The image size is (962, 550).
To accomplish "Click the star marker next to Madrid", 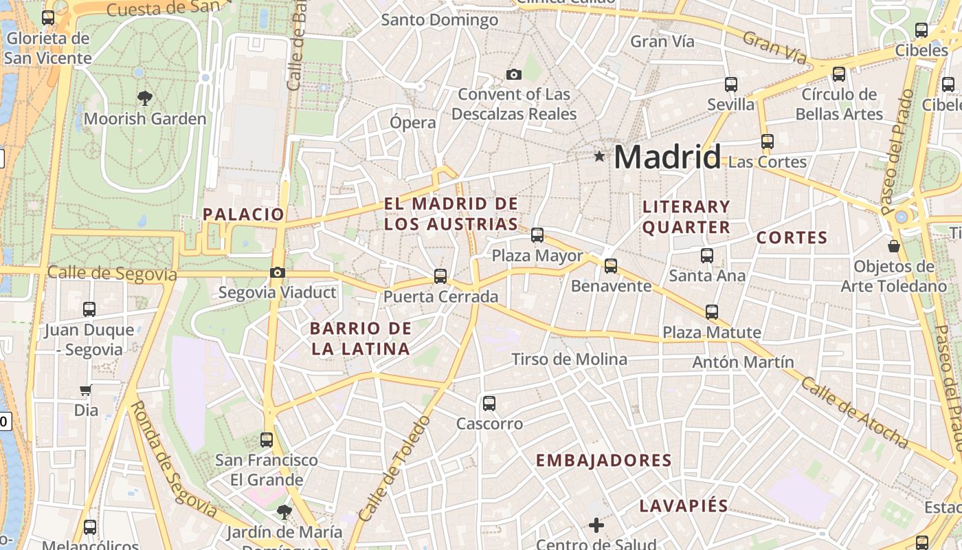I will point(599,157).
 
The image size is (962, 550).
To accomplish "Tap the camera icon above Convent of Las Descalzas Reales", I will point(513,74).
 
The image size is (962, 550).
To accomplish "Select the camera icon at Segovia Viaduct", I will point(277,273).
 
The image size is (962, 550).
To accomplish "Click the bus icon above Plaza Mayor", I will point(537,235).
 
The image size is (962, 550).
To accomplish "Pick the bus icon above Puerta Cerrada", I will point(440,276).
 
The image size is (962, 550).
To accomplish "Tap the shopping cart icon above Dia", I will point(85,390).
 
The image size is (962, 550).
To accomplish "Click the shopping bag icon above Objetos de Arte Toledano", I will point(894,246).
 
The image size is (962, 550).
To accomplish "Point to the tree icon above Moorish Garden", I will point(144,98).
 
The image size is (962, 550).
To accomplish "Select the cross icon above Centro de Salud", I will point(596,526).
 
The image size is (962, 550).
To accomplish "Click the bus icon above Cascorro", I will point(489,404).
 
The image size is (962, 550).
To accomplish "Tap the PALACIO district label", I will point(243,214).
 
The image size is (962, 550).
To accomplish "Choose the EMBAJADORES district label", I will point(603,461).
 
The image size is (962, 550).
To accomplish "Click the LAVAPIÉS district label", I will point(683,506).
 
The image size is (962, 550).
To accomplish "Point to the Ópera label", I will point(413,123).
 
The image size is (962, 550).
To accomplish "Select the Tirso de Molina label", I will point(570,359).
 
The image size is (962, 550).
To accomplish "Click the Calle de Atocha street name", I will point(854,412).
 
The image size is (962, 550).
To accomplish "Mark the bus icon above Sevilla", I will point(731,85).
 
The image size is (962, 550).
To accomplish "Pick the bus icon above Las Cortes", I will point(768,142).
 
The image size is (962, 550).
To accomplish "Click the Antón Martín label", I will point(743,362).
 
